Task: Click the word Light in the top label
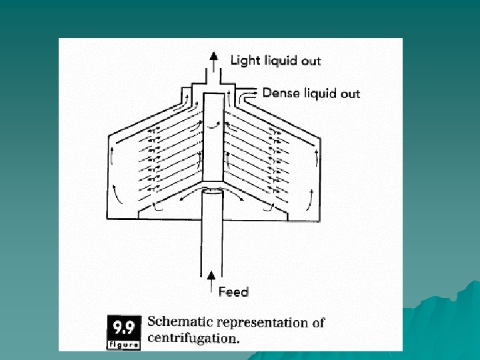coord(244,60)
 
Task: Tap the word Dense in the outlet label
coord(280,93)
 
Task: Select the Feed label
coord(233,291)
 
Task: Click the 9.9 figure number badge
coord(123,327)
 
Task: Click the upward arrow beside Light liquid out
coord(214,62)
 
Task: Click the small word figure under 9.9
coord(123,345)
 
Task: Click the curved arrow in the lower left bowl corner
coord(117,198)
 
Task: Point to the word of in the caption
coord(318,323)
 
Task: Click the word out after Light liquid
coord(311,61)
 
